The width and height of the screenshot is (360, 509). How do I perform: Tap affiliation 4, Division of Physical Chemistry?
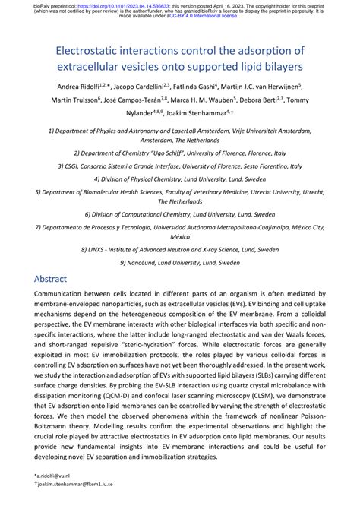[x=179, y=180]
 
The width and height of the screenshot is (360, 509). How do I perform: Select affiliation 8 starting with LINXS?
[x=179, y=248]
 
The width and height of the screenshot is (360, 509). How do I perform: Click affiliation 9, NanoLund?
[x=179, y=262]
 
